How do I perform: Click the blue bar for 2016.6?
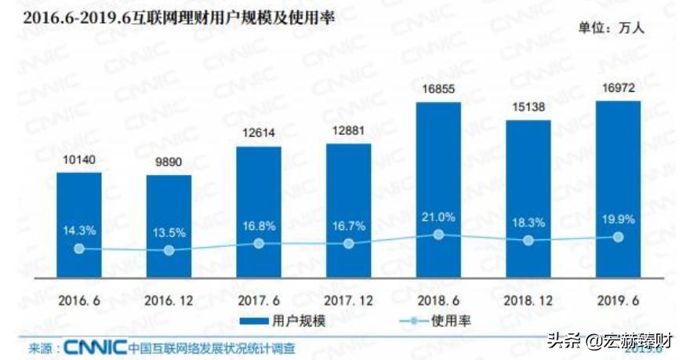[x=78, y=227]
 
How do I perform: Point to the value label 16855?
[x=438, y=91]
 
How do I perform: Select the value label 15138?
[x=529, y=109]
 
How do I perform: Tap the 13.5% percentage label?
[x=169, y=233]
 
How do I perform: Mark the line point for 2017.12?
[x=349, y=243]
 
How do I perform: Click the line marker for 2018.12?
[x=529, y=240]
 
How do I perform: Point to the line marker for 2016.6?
[x=78, y=249]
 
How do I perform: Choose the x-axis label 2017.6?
[x=258, y=300]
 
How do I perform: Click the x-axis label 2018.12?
[x=529, y=300]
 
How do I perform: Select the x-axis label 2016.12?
[x=169, y=300]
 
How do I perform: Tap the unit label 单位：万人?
[x=612, y=28]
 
